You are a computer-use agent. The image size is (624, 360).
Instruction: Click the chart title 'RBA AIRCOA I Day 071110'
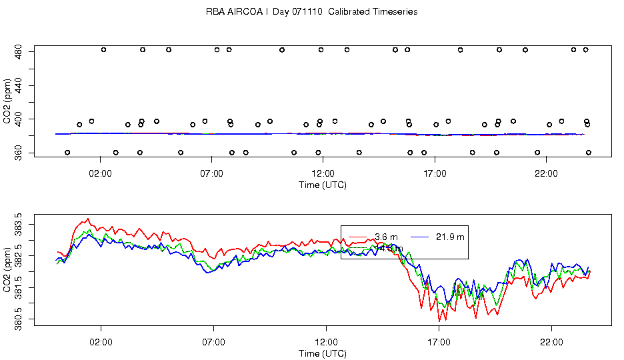(311, 12)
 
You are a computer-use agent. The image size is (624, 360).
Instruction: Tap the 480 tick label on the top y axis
(19, 50)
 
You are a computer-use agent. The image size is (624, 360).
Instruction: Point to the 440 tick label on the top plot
(19, 85)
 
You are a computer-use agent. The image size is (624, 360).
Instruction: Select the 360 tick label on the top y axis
(19, 153)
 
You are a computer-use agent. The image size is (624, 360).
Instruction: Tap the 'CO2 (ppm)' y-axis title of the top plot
(7, 101)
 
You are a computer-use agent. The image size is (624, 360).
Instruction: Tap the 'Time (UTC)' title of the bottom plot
(323, 353)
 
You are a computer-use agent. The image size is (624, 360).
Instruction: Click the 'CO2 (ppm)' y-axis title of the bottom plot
(7, 270)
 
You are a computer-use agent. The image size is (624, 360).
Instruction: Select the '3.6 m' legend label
(386, 237)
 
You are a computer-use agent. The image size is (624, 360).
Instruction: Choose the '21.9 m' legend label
(450, 237)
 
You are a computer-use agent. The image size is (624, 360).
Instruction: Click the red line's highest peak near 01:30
(87, 219)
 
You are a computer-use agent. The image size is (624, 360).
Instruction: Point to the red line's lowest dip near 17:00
(439, 321)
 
